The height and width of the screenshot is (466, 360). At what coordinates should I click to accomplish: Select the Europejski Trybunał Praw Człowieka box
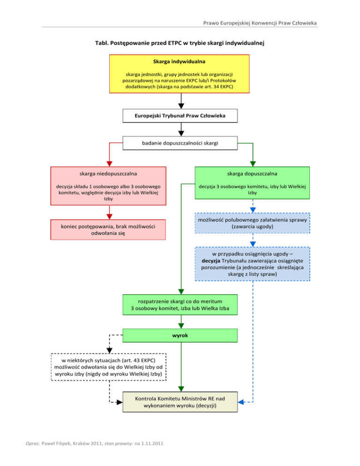(x=180, y=115)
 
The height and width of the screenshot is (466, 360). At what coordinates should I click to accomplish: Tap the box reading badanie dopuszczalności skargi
(x=180, y=143)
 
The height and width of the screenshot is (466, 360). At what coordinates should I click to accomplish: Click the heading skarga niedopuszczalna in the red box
(x=108, y=173)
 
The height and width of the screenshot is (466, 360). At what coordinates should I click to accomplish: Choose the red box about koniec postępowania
(x=108, y=230)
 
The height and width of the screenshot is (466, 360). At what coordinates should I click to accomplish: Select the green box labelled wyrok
(x=180, y=336)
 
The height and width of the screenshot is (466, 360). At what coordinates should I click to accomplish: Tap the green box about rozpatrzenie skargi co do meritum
(x=180, y=305)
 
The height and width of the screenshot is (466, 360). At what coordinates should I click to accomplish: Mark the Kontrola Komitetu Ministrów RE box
(x=180, y=402)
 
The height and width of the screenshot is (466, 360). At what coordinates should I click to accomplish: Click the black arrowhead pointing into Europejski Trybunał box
(x=180, y=106)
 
